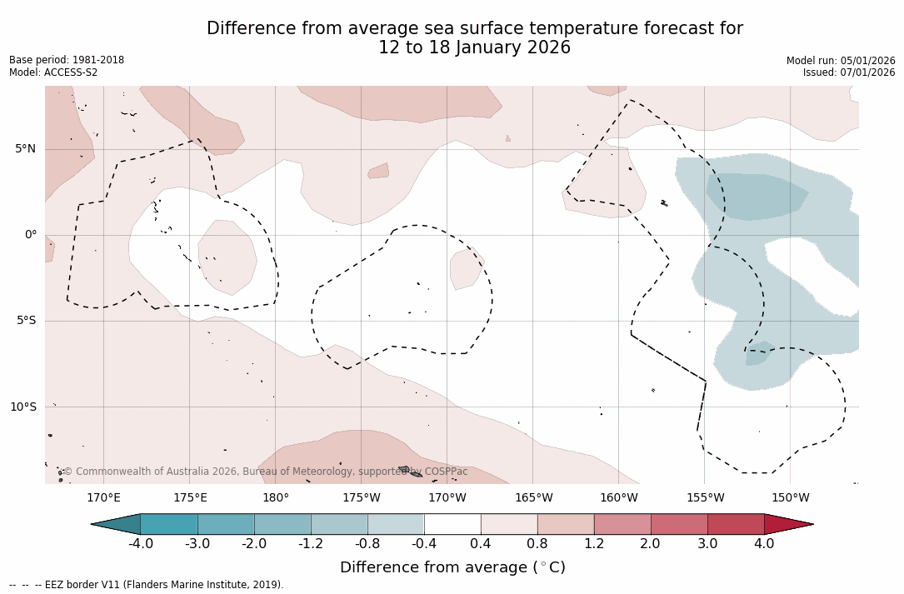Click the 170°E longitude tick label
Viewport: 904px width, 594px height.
[x=103, y=498]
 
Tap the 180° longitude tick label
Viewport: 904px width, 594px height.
[x=276, y=498]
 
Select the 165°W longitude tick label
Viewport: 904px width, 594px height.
[x=533, y=498]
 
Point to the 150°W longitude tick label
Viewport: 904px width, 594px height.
[x=790, y=498]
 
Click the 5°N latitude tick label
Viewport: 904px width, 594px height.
[x=25, y=149]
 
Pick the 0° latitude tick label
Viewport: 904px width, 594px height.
[x=31, y=235]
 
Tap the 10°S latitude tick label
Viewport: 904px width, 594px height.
[x=22, y=407]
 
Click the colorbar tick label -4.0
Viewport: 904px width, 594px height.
[x=141, y=544]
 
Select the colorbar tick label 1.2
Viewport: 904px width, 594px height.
[x=594, y=544]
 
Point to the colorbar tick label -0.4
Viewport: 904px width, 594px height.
[x=424, y=544]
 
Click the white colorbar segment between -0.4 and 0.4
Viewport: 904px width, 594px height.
[x=452, y=524]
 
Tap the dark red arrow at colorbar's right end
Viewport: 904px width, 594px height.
[x=787, y=524]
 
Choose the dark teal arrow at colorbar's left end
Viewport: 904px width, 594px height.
[x=117, y=524]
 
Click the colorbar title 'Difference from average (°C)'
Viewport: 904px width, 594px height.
[x=452, y=567]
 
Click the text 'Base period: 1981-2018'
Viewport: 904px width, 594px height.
[x=67, y=60]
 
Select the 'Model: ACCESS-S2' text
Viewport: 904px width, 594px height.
[x=53, y=72]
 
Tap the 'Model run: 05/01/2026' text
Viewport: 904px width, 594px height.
[x=841, y=61]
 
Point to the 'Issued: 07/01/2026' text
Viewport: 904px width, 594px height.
[x=849, y=72]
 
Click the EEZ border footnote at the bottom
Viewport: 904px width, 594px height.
[x=147, y=585]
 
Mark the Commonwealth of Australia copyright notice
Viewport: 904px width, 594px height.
[x=266, y=472]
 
